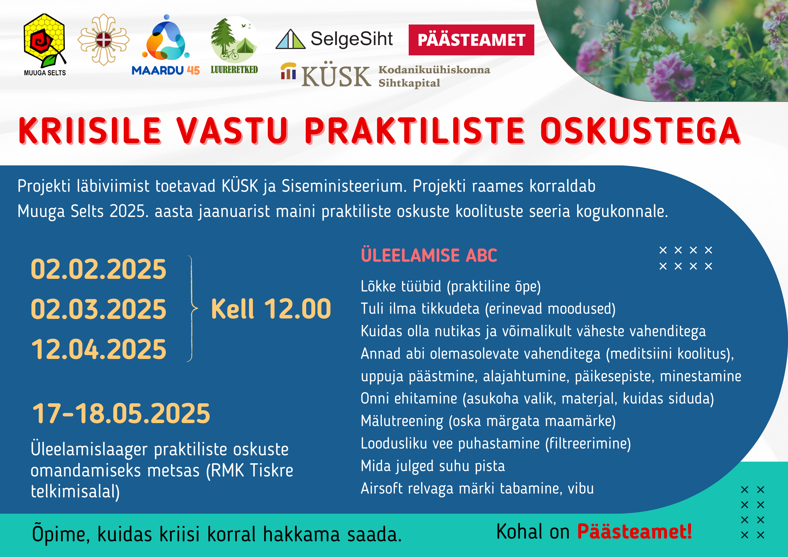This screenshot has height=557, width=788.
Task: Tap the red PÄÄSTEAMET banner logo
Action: [471, 40]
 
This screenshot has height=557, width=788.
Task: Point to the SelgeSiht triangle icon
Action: [290, 39]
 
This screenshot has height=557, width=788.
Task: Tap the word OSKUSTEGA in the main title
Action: [641, 131]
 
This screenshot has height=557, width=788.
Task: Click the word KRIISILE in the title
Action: [90, 131]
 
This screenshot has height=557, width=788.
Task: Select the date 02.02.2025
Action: [99, 269]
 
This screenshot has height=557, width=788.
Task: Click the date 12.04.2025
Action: [99, 349]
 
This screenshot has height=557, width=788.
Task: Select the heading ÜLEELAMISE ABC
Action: [429, 255]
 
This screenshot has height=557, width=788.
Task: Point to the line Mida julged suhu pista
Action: [433, 466]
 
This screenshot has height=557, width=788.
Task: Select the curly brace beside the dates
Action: [192, 309]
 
